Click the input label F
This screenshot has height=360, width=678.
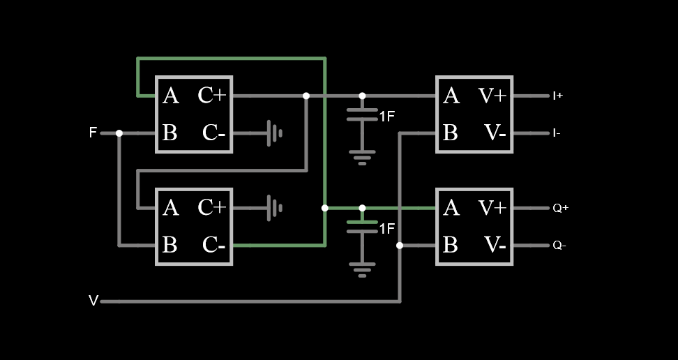coord(93,133)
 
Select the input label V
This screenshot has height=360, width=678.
coord(93,301)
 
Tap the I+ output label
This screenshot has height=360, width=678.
coord(557,96)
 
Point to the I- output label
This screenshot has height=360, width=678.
coord(557,133)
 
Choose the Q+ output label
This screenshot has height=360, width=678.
coord(560,208)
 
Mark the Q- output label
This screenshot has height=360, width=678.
coord(559,245)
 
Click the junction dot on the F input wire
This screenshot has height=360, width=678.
coord(119,133)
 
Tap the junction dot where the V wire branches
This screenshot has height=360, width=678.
coord(400,245)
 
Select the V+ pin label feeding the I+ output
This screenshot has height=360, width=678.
coord(492,96)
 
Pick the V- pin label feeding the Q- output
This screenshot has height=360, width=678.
coord(495,245)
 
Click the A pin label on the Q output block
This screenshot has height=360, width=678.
coord(451,208)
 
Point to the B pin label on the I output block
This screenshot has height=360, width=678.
coord(451,133)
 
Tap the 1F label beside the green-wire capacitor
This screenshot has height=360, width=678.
coord(387,229)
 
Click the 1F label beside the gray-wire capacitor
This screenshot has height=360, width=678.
coord(387,117)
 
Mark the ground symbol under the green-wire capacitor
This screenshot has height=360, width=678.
coord(362,269)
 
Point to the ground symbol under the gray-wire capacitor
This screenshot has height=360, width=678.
coord(362,156)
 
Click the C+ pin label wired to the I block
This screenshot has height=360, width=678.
coord(212,96)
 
